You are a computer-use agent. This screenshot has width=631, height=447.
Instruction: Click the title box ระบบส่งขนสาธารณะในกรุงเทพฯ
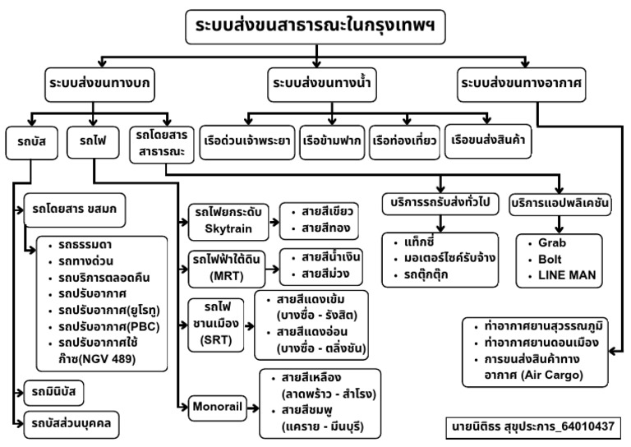[x=315, y=27]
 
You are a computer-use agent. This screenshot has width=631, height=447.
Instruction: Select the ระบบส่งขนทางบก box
[x=99, y=85]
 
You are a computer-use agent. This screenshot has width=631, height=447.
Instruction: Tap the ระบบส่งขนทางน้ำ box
[x=322, y=85]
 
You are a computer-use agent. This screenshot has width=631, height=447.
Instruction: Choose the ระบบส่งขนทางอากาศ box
[x=521, y=85]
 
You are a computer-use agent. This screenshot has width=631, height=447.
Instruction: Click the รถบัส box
[x=31, y=142]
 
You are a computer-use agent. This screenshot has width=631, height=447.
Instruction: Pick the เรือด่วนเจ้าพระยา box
[x=247, y=142]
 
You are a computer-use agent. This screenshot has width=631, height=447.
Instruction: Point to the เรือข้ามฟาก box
[x=332, y=142]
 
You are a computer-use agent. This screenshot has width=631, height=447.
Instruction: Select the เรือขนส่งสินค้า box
[x=488, y=141]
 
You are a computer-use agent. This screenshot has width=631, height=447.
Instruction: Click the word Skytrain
[x=228, y=228]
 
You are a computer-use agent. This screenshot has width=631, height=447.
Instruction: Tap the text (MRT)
[x=227, y=276]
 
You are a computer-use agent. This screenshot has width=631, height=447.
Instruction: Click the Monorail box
[x=217, y=408]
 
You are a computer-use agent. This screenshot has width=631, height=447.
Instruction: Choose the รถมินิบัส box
[x=54, y=392]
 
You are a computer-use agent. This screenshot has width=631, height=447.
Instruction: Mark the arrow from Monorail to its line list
[x=253, y=408]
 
